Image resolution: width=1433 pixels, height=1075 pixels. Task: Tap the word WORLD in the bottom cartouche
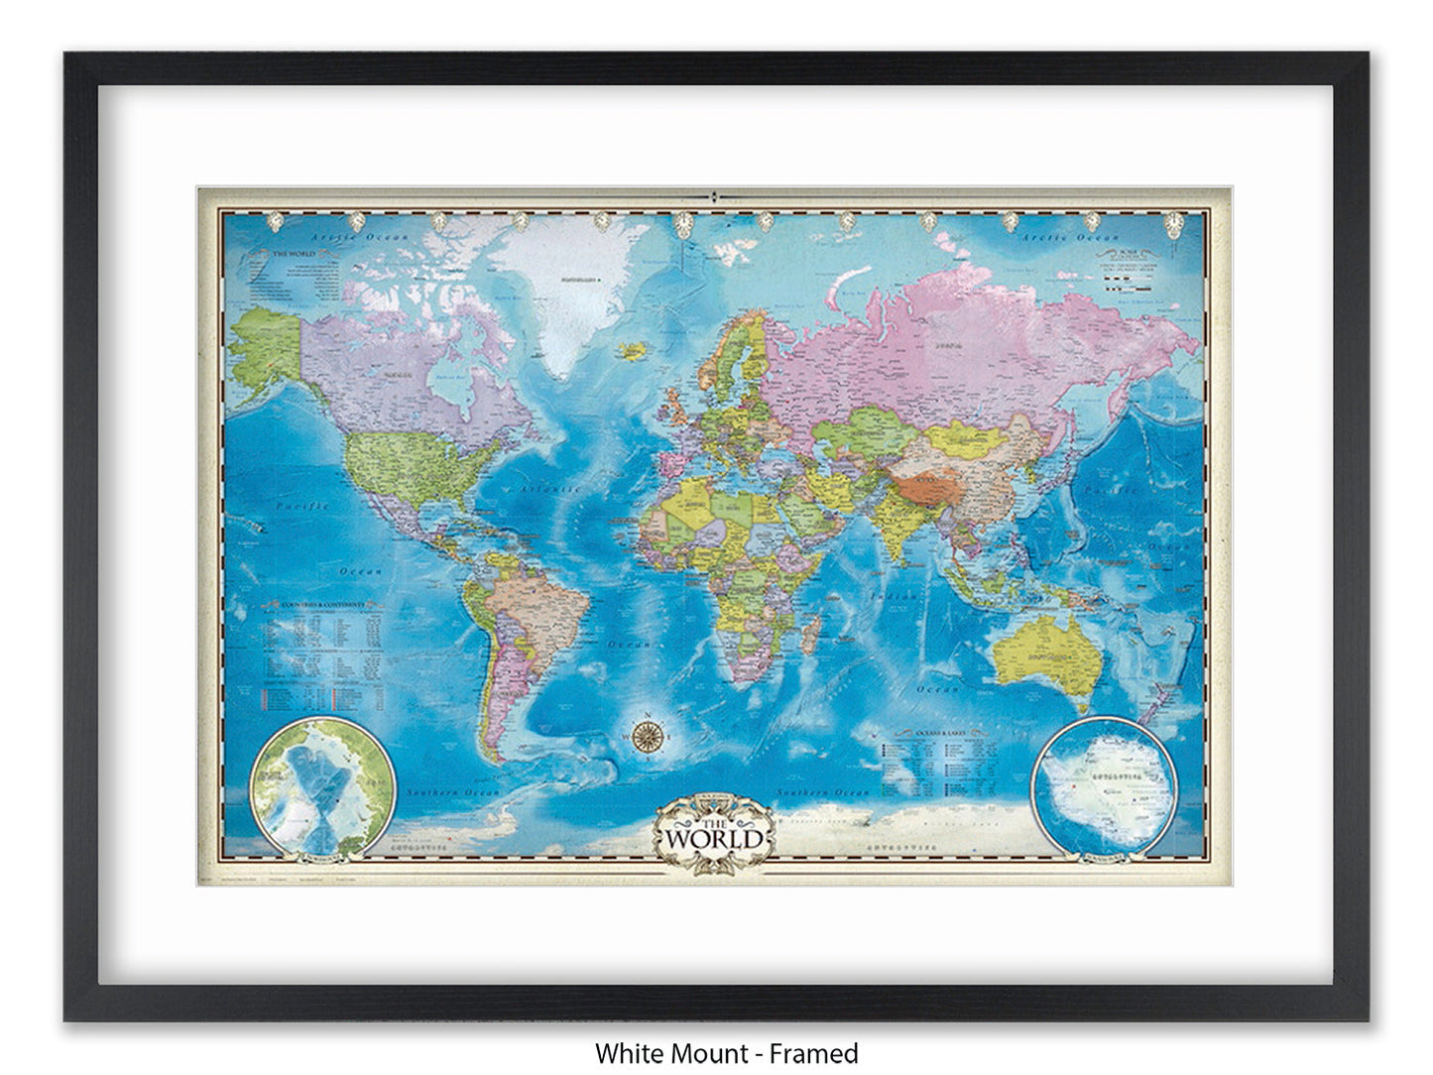point(715,838)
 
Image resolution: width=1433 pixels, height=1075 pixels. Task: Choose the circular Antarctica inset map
point(1104,783)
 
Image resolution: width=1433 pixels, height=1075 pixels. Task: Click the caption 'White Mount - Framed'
point(726,1052)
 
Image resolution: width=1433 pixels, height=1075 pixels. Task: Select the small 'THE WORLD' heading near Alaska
point(294,254)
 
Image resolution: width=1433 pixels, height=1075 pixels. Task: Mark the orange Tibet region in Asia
point(927,484)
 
